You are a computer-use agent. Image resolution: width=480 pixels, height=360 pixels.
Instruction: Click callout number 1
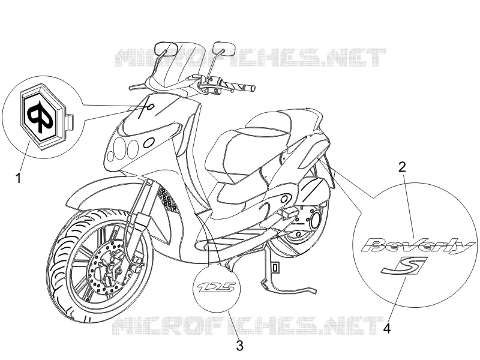tap(19, 178)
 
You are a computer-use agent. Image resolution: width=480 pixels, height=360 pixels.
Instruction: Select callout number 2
tap(402, 167)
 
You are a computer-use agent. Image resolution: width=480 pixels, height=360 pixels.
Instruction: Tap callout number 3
tap(239, 346)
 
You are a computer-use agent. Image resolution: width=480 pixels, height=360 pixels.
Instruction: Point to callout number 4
tap(387, 329)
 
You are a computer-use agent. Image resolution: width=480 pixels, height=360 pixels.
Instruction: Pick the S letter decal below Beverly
tap(404, 265)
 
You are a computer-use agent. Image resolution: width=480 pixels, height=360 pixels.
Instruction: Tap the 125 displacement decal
tap(217, 288)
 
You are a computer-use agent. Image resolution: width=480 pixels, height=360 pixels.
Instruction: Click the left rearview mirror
tap(165, 48)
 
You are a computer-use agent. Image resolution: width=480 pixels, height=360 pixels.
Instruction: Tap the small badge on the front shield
tap(151, 107)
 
